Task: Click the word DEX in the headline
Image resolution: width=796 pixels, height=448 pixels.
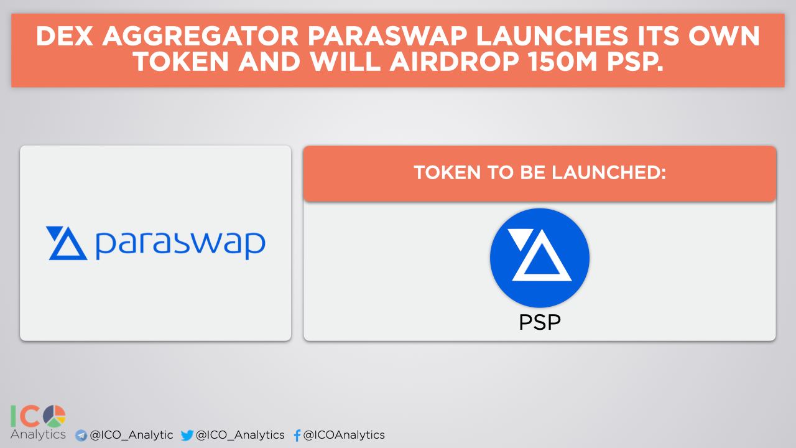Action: point(64,36)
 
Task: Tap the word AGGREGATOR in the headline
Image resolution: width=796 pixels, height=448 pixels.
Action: point(200,36)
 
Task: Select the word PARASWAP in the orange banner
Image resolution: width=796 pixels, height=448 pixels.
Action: point(387,36)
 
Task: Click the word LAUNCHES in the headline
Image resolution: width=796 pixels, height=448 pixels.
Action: point(552,36)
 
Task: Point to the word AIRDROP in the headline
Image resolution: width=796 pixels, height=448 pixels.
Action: point(455,62)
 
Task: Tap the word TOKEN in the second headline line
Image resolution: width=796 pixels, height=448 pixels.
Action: point(181,62)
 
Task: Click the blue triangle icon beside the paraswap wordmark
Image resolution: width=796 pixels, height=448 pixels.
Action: point(67,243)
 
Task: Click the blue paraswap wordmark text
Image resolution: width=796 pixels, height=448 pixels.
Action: point(180,245)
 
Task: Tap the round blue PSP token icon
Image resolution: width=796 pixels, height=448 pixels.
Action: point(539,258)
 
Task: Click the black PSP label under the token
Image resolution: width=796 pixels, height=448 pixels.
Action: point(540,322)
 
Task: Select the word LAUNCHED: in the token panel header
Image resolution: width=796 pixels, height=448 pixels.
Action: point(609,172)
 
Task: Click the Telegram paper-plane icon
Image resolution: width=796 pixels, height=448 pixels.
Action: point(81,435)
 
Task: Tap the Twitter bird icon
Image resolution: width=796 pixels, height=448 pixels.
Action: point(187,435)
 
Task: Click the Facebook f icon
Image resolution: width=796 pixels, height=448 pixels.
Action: point(297,435)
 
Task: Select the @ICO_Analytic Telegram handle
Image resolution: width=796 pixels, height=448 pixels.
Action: point(131,435)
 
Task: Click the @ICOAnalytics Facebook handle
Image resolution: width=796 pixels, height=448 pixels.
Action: point(344,435)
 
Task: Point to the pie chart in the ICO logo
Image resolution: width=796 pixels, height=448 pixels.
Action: point(54,416)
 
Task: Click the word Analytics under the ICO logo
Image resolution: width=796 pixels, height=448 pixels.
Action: point(38,434)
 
